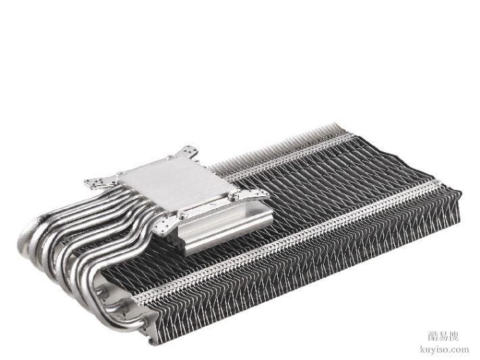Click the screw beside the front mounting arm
(182, 217)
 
